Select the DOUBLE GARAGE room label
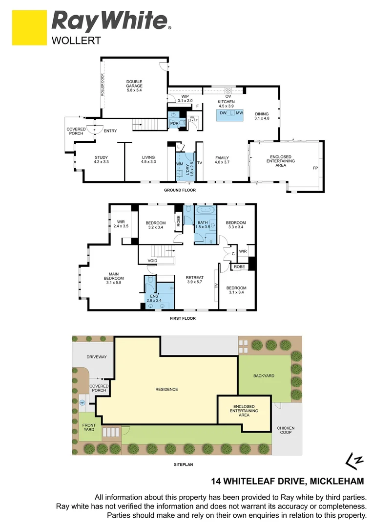(x=134, y=86)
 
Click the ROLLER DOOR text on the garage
(x=103, y=85)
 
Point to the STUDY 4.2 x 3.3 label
(x=101, y=160)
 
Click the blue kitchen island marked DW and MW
(x=229, y=113)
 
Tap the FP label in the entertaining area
(x=315, y=169)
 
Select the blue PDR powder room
(x=174, y=121)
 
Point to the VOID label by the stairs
(x=152, y=261)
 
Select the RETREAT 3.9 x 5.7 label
(x=194, y=280)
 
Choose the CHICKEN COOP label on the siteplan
(x=286, y=430)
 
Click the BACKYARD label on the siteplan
(x=264, y=376)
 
